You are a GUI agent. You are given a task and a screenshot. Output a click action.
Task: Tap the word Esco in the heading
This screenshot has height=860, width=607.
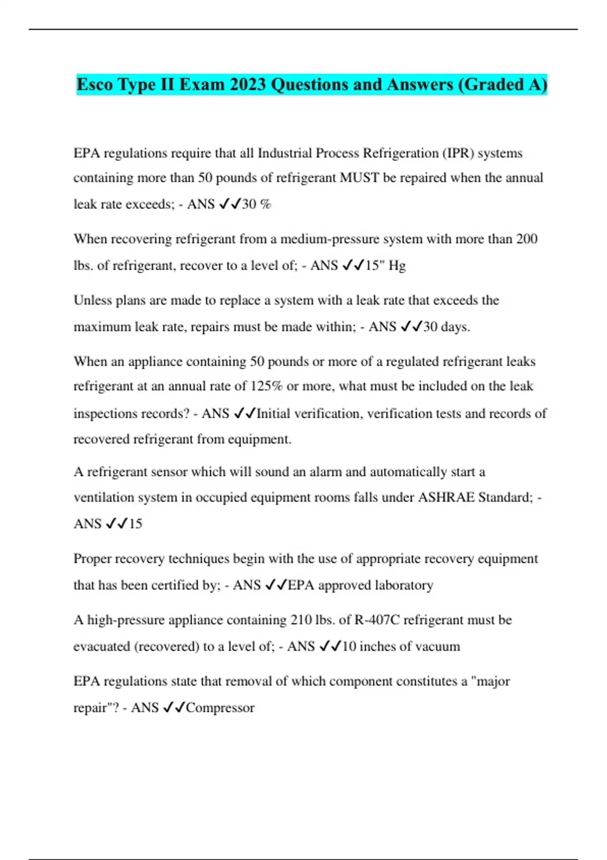coord(95,84)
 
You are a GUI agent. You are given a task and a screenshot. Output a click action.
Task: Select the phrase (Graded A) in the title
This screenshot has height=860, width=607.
coord(502,84)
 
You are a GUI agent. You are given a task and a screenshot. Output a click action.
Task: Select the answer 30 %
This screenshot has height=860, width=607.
coord(256,204)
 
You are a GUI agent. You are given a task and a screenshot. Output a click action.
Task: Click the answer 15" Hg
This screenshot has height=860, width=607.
coord(385,265)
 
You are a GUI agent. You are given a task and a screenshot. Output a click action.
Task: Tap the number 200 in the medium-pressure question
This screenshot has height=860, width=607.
coord(527,239)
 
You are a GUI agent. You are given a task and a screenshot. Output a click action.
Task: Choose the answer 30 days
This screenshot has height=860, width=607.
coord(447,327)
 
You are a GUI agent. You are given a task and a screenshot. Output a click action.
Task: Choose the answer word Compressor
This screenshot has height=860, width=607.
coord(220,707)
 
